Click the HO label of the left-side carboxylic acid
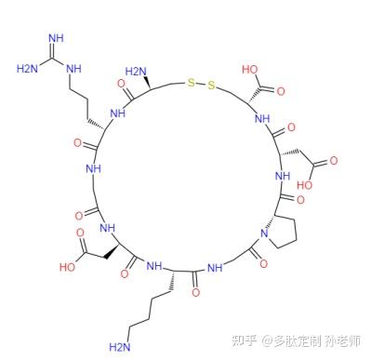click(x=69, y=264)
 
